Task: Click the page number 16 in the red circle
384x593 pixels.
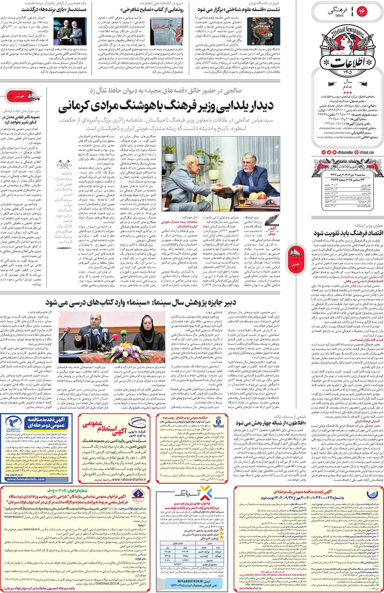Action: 362,11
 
